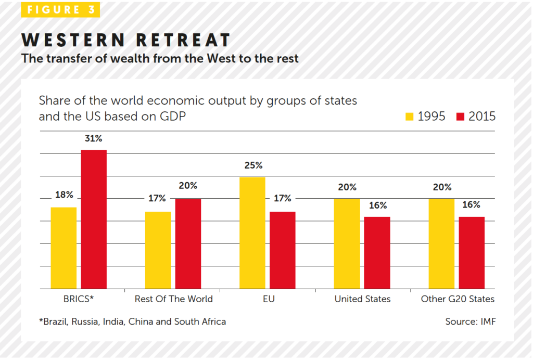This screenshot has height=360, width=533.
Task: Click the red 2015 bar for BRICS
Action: point(94,219)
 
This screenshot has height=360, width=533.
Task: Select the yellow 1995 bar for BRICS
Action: point(64,248)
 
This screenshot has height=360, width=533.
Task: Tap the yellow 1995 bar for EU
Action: point(252,233)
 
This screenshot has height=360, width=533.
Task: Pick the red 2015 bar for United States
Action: point(377,252)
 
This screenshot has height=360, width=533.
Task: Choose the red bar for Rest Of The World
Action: point(188,243)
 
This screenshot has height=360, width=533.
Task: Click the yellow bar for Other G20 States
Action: point(441,243)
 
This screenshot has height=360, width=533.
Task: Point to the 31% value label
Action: point(94,139)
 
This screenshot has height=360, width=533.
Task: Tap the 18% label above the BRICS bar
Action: point(64,195)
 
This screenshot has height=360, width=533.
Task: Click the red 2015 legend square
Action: point(460,117)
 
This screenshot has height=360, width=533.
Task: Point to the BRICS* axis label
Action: point(79,299)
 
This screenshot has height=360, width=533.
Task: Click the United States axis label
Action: point(362,299)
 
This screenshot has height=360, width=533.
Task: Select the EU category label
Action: point(268,299)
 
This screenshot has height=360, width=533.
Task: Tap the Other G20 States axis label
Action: point(458,299)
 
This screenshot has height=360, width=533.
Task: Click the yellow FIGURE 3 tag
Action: point(60,10)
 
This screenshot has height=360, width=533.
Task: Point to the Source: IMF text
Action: point(470,322)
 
